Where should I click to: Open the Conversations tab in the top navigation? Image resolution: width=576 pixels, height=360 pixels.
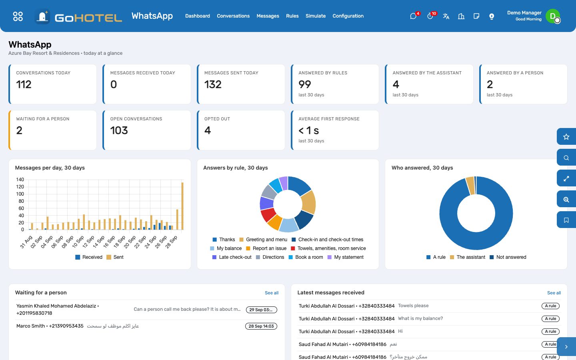[233, 16]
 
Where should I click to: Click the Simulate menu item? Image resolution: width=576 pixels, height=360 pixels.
[316, 16]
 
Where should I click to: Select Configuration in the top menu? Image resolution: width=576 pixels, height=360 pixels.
[348, 16]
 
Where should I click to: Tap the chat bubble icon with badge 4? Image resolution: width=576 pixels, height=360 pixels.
[413, 16]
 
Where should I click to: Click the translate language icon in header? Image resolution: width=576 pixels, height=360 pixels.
[446, 16]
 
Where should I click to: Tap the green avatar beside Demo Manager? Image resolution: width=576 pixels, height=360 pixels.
[553, 16]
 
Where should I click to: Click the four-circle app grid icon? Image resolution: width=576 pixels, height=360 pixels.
[18, 16]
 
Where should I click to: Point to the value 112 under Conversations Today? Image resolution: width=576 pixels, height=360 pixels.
[24, 84]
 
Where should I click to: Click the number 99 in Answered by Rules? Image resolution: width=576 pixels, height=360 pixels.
[305, 84]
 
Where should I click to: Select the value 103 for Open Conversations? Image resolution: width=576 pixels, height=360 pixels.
[119, 130]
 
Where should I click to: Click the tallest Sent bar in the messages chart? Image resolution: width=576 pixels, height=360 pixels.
[182, 206]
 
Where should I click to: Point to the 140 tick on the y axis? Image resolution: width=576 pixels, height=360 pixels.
[20, 180]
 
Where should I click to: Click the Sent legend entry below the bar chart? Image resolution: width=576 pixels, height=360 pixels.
[115, 257]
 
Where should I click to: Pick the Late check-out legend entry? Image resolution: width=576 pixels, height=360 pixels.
[232, 257]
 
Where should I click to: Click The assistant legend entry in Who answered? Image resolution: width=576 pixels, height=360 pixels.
[468, 257]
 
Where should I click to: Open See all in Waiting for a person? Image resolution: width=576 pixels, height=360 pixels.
[272, 293]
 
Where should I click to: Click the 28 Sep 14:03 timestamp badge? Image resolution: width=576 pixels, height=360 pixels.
[261, 326]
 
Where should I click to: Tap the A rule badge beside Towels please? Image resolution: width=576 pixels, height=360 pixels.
[550, 306]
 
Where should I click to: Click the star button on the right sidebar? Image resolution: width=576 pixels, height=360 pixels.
[566, 137]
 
